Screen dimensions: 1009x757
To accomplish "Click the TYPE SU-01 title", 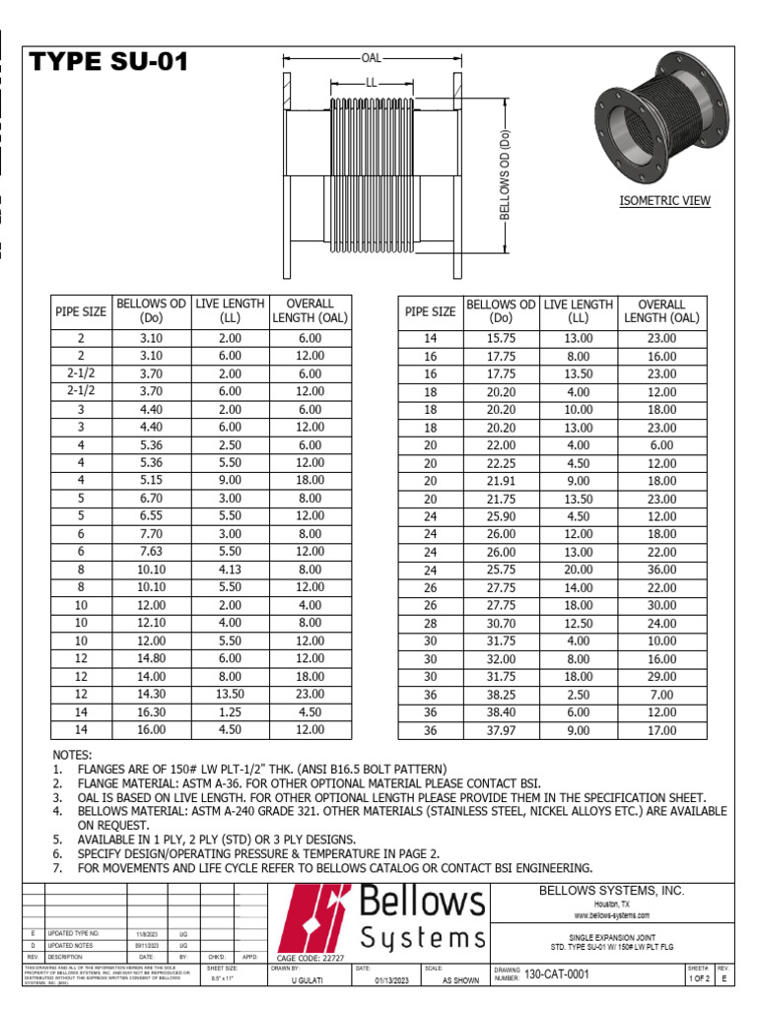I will point(108,65).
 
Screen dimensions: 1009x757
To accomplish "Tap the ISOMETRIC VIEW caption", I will point(664,201).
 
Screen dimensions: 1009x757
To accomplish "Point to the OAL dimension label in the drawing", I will point(371,58).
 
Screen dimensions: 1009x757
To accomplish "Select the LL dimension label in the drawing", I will point(372,83).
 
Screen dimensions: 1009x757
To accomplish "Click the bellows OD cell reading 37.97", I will point(500,730).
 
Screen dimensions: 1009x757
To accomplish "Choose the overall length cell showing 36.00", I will point(661,570).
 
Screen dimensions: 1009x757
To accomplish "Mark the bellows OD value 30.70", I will point(500,625).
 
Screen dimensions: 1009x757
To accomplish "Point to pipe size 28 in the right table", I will point(430,625).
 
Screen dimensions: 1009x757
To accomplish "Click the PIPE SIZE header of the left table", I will point(81,311).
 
